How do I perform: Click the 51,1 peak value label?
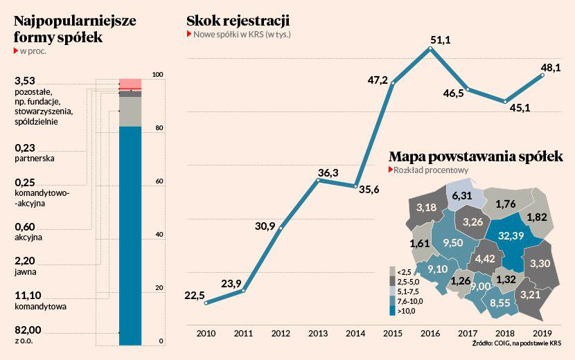coord(441,40)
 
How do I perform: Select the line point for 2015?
coord(393,84)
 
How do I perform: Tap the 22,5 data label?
coord(195,296)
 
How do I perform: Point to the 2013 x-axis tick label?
coord(317,333)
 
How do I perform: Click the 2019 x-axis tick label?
coord(542,333)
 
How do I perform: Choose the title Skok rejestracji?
coord(238,20)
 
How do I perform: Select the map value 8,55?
coord(499,303)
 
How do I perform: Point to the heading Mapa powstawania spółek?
coord(475,156)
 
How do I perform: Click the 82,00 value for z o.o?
coord(28,329)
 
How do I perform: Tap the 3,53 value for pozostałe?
coord(25,82)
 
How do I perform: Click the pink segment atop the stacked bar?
coord(130,84)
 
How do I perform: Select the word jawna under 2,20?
coord(26,271)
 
